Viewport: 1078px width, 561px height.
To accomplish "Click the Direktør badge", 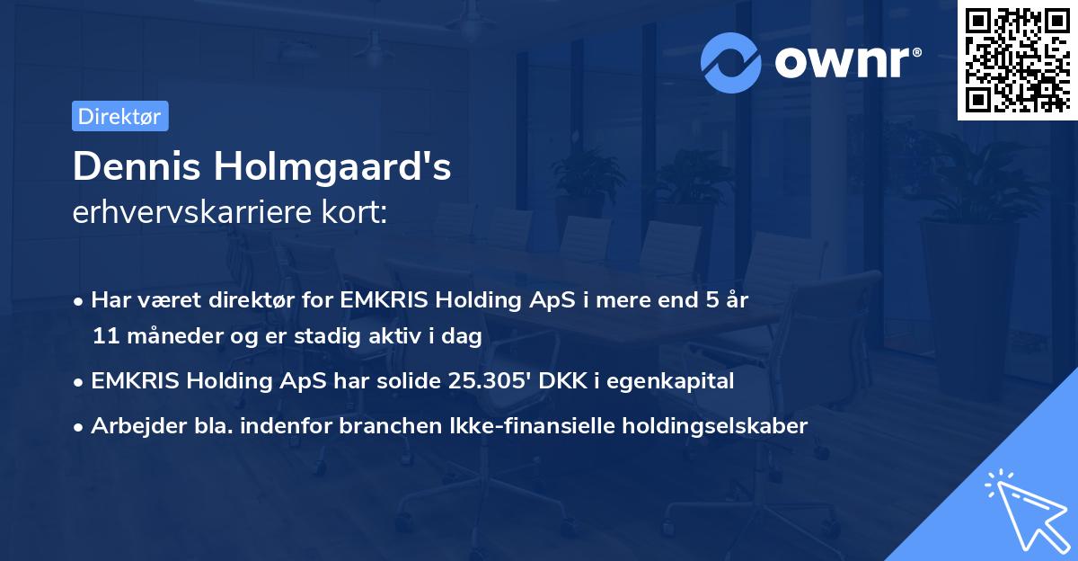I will point(119,116).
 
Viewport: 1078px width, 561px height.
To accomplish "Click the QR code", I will point(1016,59).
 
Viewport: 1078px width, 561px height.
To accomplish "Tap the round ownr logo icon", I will point(731,62).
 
